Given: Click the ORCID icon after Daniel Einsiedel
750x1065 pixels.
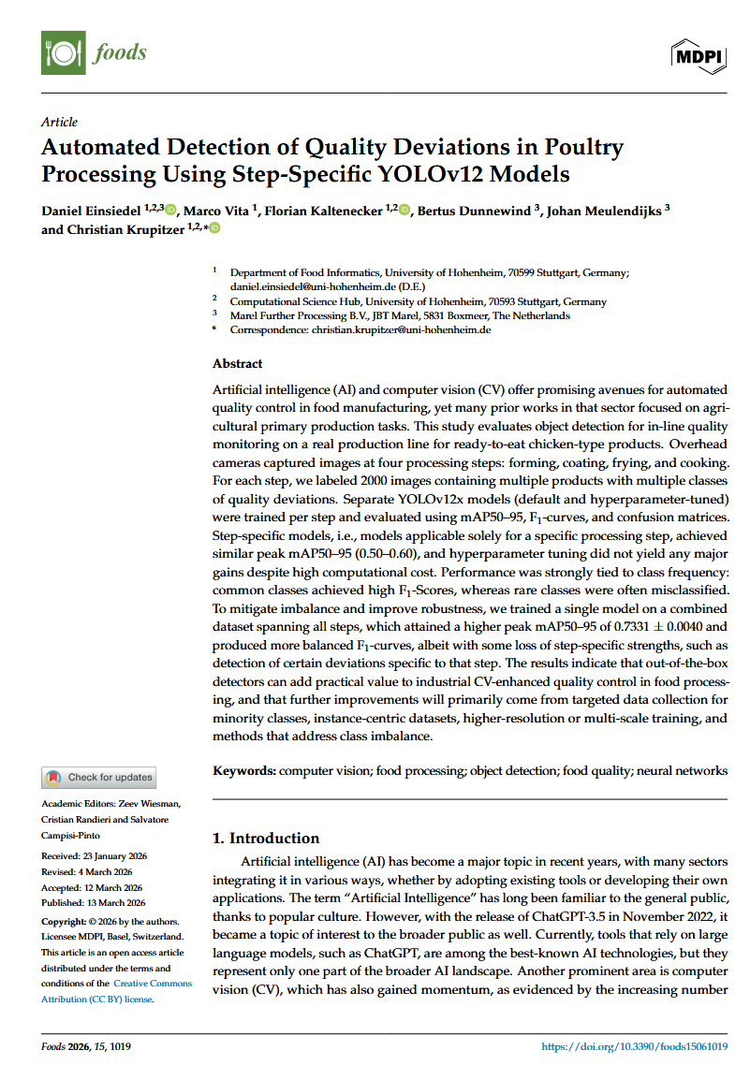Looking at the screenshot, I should click(x=170, y=210).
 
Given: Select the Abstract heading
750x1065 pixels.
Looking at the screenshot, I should click(x=238, y=363).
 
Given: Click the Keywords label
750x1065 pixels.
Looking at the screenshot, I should click(x=244, y=770).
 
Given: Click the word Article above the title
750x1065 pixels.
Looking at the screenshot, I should click(x=60, y=122).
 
